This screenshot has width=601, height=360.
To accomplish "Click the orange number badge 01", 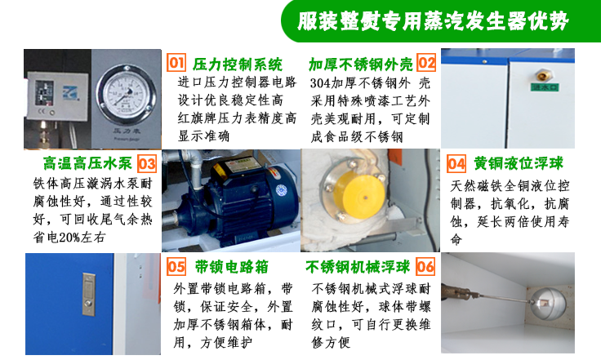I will coord(176,63).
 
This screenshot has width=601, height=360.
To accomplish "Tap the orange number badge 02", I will coord(426,63).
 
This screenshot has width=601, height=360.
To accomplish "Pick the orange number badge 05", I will coord(176,267).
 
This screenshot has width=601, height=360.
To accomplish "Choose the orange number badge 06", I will coord(426,267).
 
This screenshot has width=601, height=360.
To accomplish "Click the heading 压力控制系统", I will coord(238,64).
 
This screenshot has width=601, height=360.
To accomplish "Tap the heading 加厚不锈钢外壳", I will coord(361,64).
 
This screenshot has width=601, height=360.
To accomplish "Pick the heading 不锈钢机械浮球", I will coord(359,267).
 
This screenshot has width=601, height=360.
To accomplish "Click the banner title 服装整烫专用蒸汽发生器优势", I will coord(434,20).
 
